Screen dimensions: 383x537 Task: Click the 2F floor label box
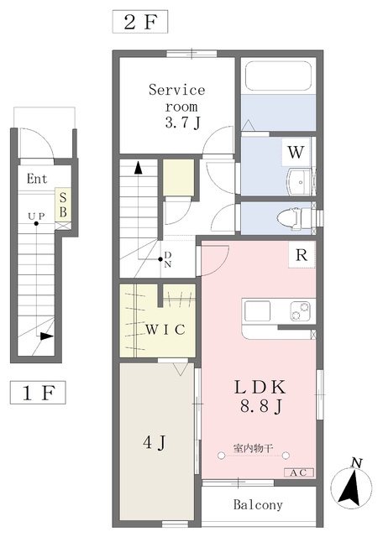[x=140, y=22]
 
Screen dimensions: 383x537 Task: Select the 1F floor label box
[x=38, y=393]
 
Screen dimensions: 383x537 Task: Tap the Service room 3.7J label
[x=177, y=107]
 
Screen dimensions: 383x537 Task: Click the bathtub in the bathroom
[x=278, y=76]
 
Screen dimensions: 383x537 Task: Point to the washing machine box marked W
[x=296, y=152]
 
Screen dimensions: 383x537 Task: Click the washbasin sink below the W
[x=298, y=182]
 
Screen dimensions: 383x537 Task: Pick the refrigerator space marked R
[x=302, y=255]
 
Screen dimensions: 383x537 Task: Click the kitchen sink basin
[x=257, y=311]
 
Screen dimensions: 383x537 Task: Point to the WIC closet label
[x=165, y=330]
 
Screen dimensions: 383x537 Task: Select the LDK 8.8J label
[x=260, y=397]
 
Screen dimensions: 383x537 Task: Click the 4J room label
[x=155, y=442]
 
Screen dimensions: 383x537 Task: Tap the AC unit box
[x=299, y=472]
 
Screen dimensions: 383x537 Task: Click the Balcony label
[x=258, y=504]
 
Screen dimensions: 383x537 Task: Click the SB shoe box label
[x=63, y=205]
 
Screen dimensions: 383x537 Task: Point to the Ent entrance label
[x=37, y=179]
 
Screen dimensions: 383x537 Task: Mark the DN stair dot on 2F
[x=160, y=259]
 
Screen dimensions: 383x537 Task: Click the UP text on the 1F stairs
[x=36, y=216]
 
